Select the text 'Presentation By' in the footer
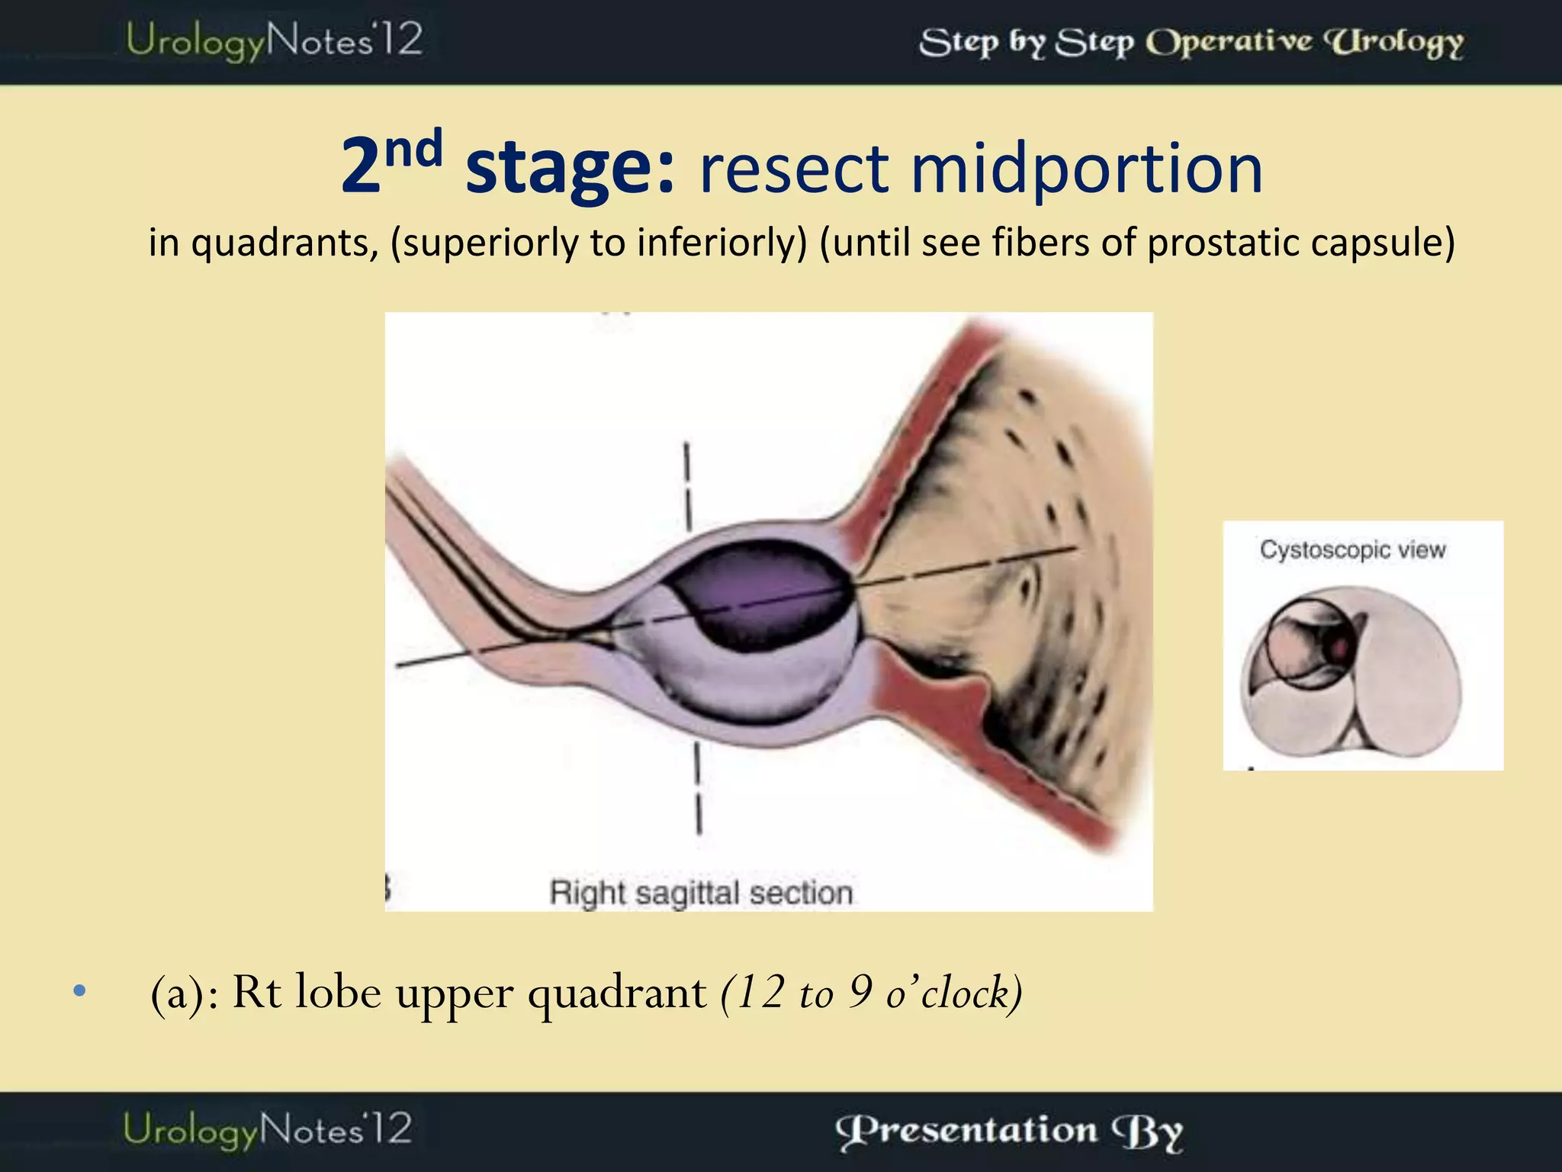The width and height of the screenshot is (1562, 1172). click(x=1009, y=1131)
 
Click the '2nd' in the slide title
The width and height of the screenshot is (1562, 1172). click(x=391, y=161)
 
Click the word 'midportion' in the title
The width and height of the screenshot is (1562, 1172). click(x=1086, y=169)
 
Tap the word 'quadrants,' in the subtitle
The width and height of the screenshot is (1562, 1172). click(x=284, y=243)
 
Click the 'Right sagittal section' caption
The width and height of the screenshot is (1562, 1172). click(x=700, y=892)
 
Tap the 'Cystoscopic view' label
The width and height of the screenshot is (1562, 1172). click(x=1352, y=549)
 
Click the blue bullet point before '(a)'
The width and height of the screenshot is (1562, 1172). click(x=79, y=991)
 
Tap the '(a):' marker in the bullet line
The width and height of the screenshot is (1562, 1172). click(x=184, y=994)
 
